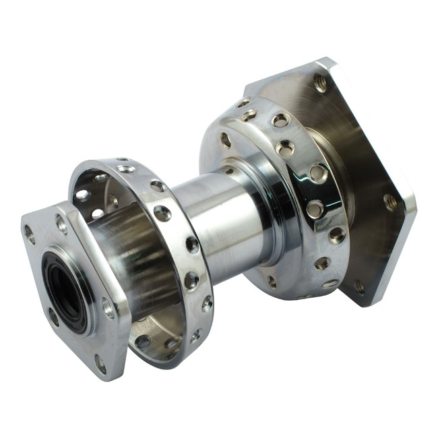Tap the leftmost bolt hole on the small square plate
[x=30, y=234]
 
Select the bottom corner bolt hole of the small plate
[x=100, y=364]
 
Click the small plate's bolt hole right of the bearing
[x=108, y=307]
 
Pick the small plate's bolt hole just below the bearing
[x=54, y=317]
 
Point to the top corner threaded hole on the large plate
[x=319, y=84]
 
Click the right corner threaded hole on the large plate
[x=390, y=201]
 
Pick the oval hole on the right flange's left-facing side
[x=226, y=140]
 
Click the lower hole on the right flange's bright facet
[x=314, y=209]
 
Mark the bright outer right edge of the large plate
[x=408, y=202]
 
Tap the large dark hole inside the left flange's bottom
[x=143, y=342]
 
